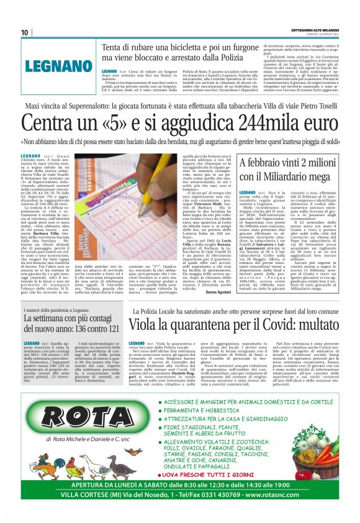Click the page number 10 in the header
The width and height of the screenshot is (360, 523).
click(x=24, y=33)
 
